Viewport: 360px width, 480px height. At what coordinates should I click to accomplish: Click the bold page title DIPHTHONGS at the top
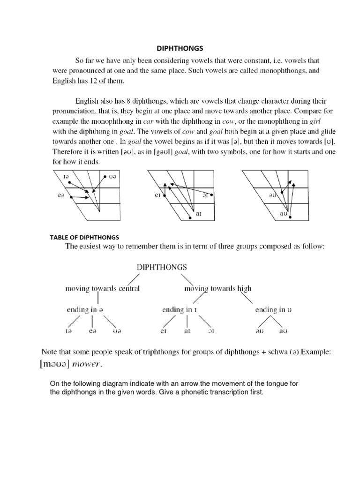coord(180,48)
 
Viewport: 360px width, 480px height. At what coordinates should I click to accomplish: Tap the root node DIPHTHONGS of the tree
coord(162,267)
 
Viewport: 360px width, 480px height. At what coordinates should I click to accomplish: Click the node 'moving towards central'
coord(102,288)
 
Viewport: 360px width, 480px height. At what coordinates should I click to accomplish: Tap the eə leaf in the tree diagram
coord(92,331)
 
